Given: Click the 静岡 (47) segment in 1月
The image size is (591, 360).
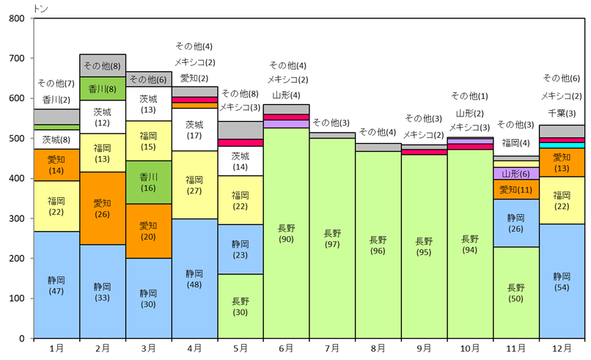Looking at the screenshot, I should pos(56,284).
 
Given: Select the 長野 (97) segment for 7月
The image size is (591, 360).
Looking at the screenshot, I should pos(332,238).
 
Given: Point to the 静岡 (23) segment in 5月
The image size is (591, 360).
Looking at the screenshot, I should pos(241,249).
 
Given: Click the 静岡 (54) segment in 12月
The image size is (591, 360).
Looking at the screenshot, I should pos(562,281).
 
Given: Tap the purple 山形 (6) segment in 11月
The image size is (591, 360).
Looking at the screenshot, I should pos(516,174).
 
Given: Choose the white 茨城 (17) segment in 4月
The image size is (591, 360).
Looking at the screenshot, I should pos(194,130).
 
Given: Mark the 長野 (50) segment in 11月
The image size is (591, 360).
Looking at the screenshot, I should pos(516,293).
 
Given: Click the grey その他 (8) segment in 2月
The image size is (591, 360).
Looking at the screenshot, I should pos(103,65).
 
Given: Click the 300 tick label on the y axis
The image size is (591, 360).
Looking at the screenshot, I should pos(16,218).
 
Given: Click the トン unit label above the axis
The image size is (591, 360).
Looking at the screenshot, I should pos(39,7).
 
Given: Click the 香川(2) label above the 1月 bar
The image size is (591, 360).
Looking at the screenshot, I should pos(56,100).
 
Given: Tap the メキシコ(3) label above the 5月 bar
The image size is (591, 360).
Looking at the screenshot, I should pos(240,107).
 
